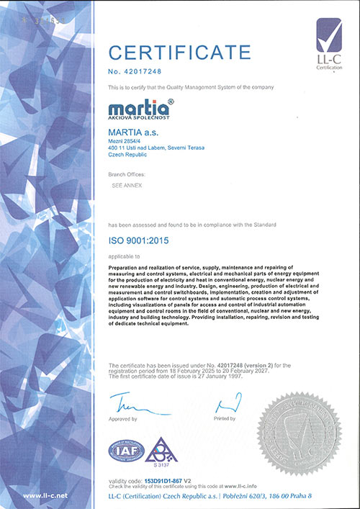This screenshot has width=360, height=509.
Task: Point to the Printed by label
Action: coord(225,418)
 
